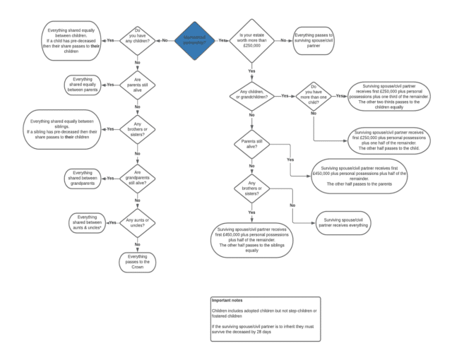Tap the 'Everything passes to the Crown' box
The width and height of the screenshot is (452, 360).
tap(136, 262)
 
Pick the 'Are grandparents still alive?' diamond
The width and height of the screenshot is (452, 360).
tap(136, 178)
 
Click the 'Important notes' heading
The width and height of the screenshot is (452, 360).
tap(228, 301)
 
